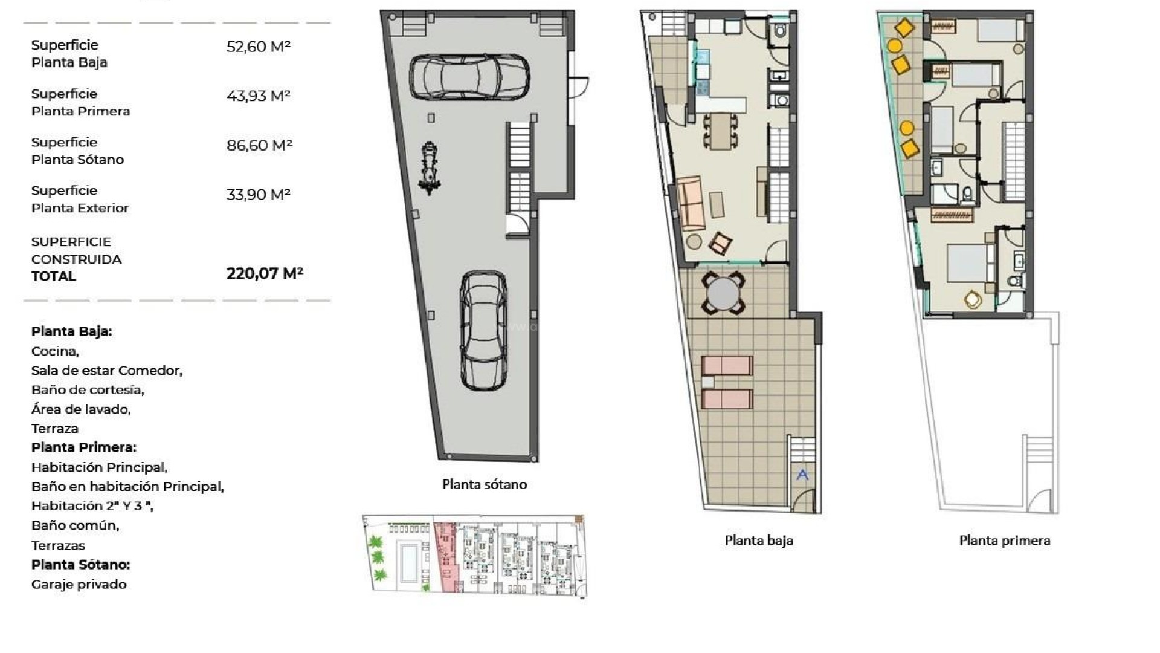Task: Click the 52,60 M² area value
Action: point(259,47)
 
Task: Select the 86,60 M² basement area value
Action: point(259,145)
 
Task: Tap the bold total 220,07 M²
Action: point(265,274)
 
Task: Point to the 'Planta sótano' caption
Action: point(485,484)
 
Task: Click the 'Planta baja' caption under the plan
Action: point(759,541)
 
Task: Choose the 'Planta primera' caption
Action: point(1005,541)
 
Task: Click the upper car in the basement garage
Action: point(469,77)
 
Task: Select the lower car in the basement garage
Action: point(483,330)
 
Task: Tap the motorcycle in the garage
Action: point(430,168)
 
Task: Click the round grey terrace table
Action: point(723,293)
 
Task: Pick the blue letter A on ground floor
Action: point(802,475)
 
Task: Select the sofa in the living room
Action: point(690,203)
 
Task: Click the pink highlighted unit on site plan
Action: point(447,556)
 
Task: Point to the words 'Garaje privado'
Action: point(79,585)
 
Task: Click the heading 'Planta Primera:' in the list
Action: point(84,448)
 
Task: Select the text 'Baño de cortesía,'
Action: point(88,390)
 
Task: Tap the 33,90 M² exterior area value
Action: point(259,195)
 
